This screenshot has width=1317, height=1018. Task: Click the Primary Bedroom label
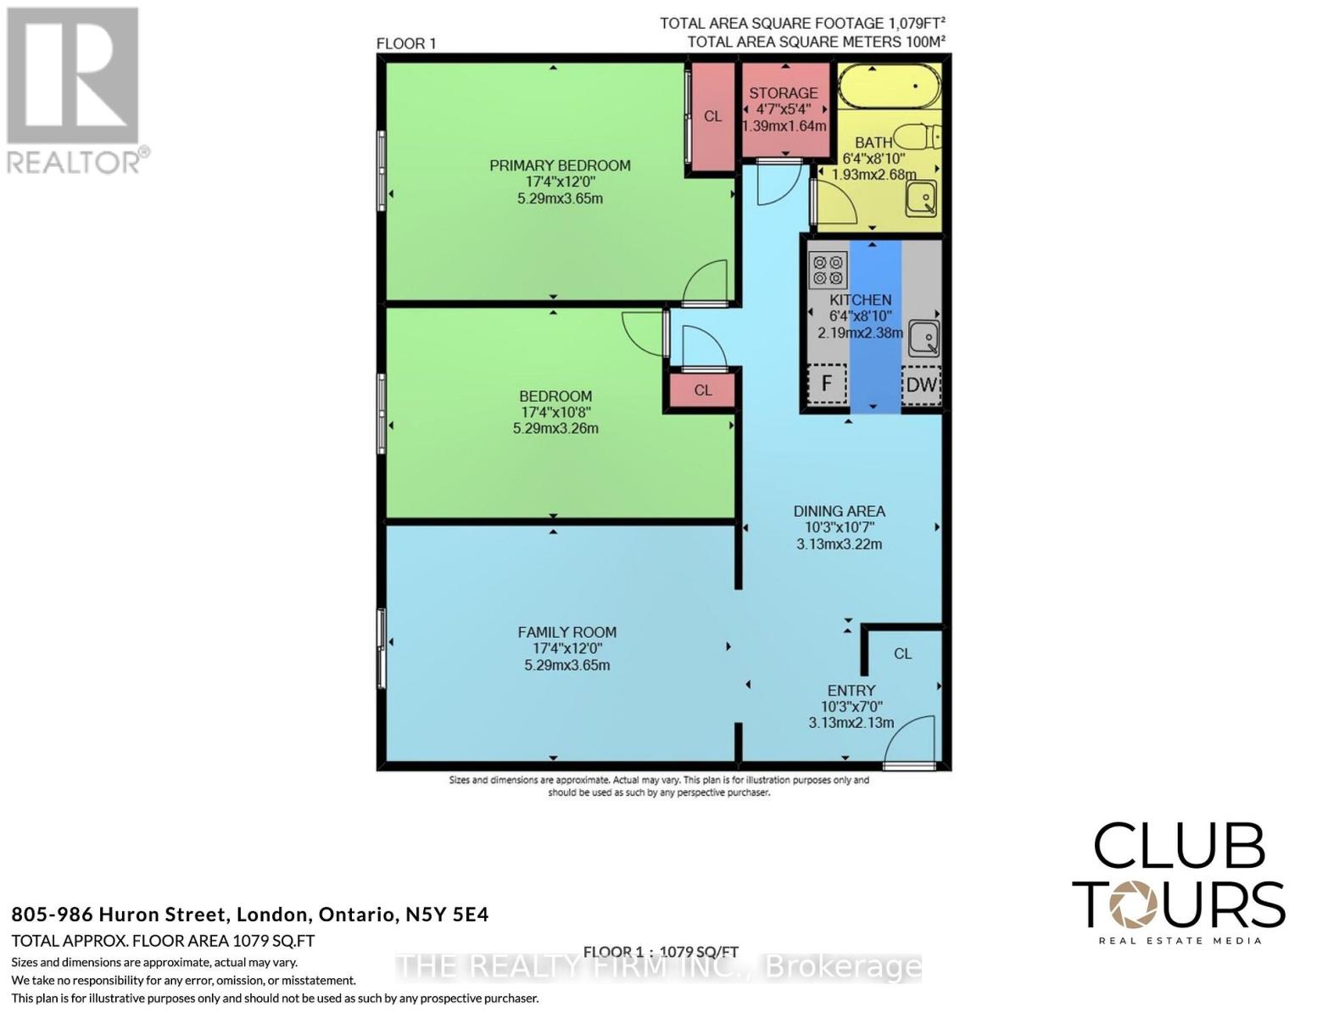[560, 165]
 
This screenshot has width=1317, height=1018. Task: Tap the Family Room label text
[566, 632]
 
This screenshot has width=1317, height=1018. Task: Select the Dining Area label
[839, 511]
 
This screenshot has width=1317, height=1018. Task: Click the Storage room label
[784, 92]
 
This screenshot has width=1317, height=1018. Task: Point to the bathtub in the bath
[888, 86]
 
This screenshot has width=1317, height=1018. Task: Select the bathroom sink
[921, 198]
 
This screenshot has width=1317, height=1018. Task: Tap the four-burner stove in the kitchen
[828, 270]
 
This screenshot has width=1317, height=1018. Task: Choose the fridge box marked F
[827, 384]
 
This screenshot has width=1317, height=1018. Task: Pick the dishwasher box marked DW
[921, 384]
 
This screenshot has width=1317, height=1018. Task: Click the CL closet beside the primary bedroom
[712, 116]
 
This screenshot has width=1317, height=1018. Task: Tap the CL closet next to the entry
[902, 653]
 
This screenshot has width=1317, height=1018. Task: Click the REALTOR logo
[75, 89]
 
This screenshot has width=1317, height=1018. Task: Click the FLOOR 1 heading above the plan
[406, 43]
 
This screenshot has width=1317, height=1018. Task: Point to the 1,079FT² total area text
[907, 23]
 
